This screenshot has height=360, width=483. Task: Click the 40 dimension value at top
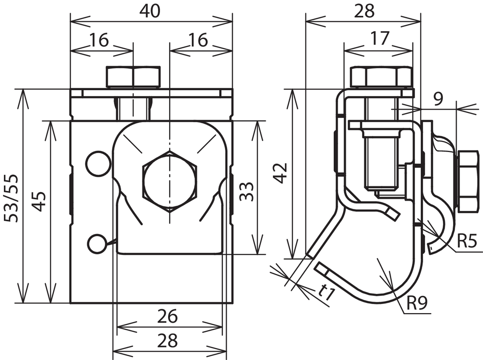coord(150,12)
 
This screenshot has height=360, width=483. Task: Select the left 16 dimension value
coord(99,41)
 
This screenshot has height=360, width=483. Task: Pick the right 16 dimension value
coord(199,41)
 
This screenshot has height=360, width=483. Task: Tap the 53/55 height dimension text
coord(12,198)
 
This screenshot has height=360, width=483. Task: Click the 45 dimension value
coord(40,202)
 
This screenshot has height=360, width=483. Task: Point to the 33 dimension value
coord(247,192)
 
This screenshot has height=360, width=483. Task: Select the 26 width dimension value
coord(167,316)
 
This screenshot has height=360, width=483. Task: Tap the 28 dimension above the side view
coord(364,12)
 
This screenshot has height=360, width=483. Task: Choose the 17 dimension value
coord(380,39)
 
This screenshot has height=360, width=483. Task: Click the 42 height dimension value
coord(281,173)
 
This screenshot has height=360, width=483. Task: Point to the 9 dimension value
coord(438,99)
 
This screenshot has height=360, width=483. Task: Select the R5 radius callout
coord(467,241)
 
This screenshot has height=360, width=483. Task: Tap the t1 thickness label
coord(326,292)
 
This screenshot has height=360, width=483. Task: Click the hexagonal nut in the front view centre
coord(170,181)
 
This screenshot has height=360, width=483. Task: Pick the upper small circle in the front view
coord(99,164)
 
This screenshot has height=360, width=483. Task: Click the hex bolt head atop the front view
coord(133,77)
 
